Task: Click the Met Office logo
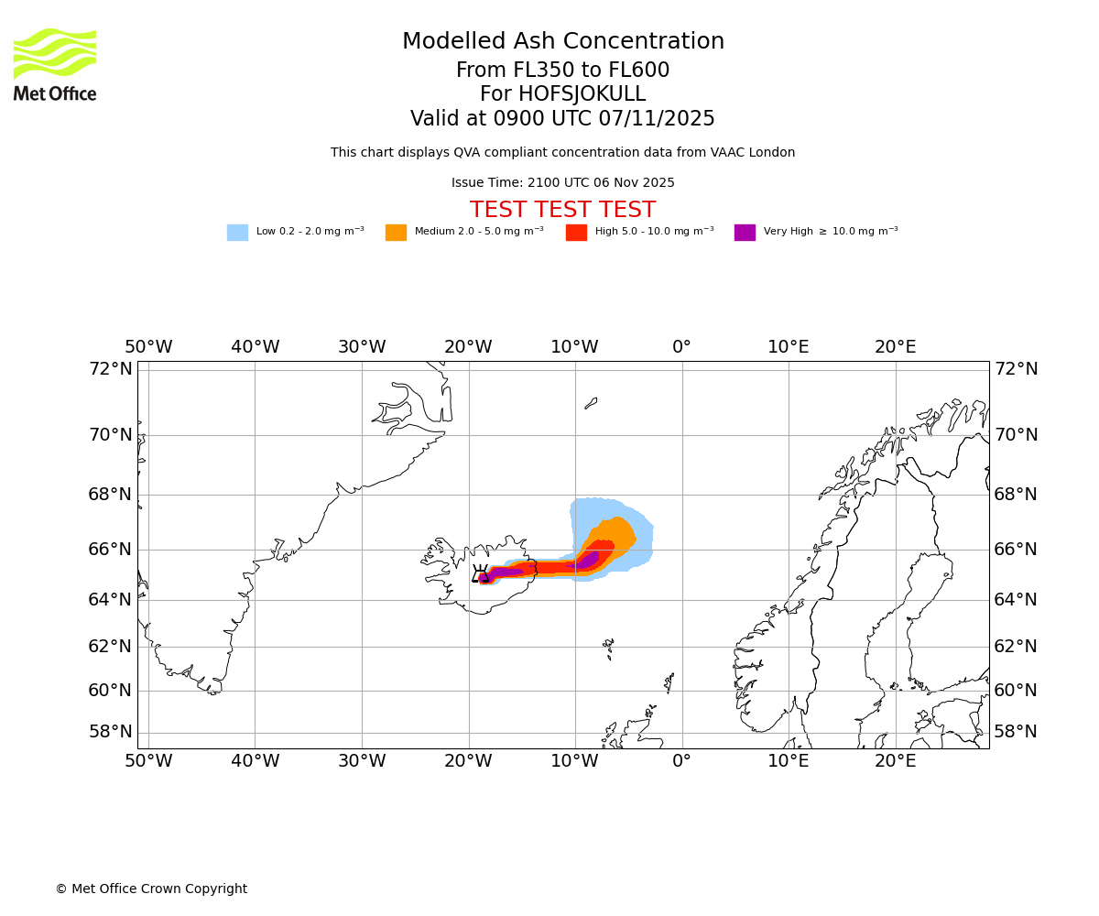point(55,64)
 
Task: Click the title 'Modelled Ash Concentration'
point(562,42)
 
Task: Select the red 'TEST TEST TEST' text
point(562,210)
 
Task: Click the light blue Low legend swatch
point(237,233)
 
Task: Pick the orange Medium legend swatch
point(396,233)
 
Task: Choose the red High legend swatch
point(576,233)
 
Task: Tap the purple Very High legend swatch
point(745,233)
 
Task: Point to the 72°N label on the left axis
point(110,369)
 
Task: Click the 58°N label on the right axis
point(1016,731)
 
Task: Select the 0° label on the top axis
point(681,347)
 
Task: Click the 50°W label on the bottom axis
point(148,760)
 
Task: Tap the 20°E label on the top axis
point(895,347)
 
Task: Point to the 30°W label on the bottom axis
point(362,760)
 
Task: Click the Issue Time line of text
point(562,182)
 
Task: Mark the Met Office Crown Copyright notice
point(151,889)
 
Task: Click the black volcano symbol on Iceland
point(479,574)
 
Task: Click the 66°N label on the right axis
point(1016,550)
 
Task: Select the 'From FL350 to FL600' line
point(562,71)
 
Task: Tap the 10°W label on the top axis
point(574,347)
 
